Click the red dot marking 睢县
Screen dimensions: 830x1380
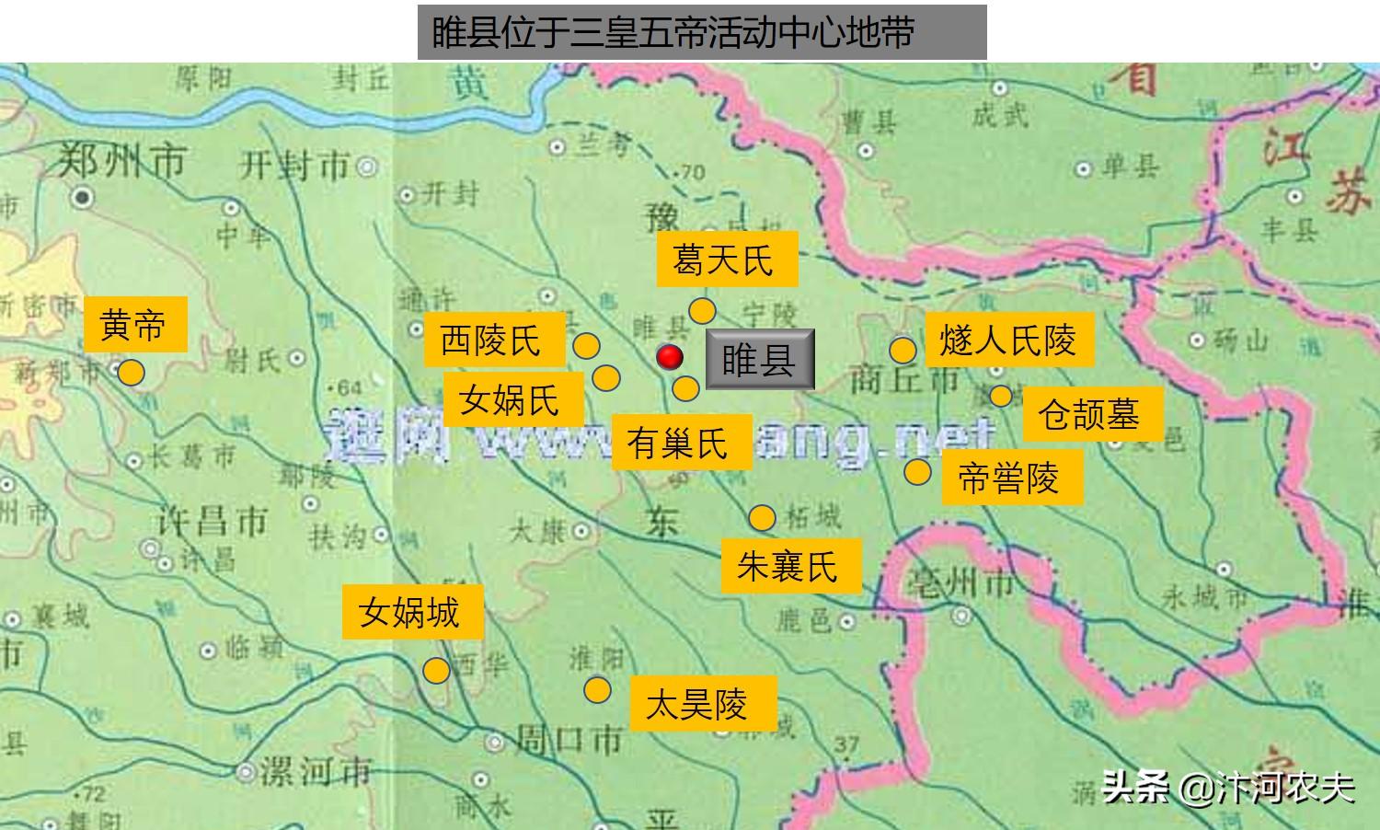coord(670,357)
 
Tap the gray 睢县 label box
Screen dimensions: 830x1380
coord(760,359)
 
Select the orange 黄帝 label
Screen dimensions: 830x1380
coord(134,324)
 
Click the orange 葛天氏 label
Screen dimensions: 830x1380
coord(726,259)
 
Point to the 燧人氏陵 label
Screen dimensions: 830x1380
coord(1008,340)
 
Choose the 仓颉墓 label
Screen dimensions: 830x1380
coord(1091,413)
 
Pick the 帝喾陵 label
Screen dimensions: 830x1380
coord(1010,478)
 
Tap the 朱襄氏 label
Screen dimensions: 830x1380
coord(790,565)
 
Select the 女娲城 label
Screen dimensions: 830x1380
coord(411,611)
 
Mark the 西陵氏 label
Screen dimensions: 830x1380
coord(493,340)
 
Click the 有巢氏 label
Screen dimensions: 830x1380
coord(680,443)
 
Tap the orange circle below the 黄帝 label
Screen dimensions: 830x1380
coord(131,373)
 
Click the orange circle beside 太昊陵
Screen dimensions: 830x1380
coord(597,689)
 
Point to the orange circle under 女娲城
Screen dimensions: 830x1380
coord(436,670)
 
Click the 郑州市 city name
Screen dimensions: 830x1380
coord(121,162)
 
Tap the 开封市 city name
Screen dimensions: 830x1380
coord(295,166)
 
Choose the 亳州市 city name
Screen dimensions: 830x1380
coord(960,582)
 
